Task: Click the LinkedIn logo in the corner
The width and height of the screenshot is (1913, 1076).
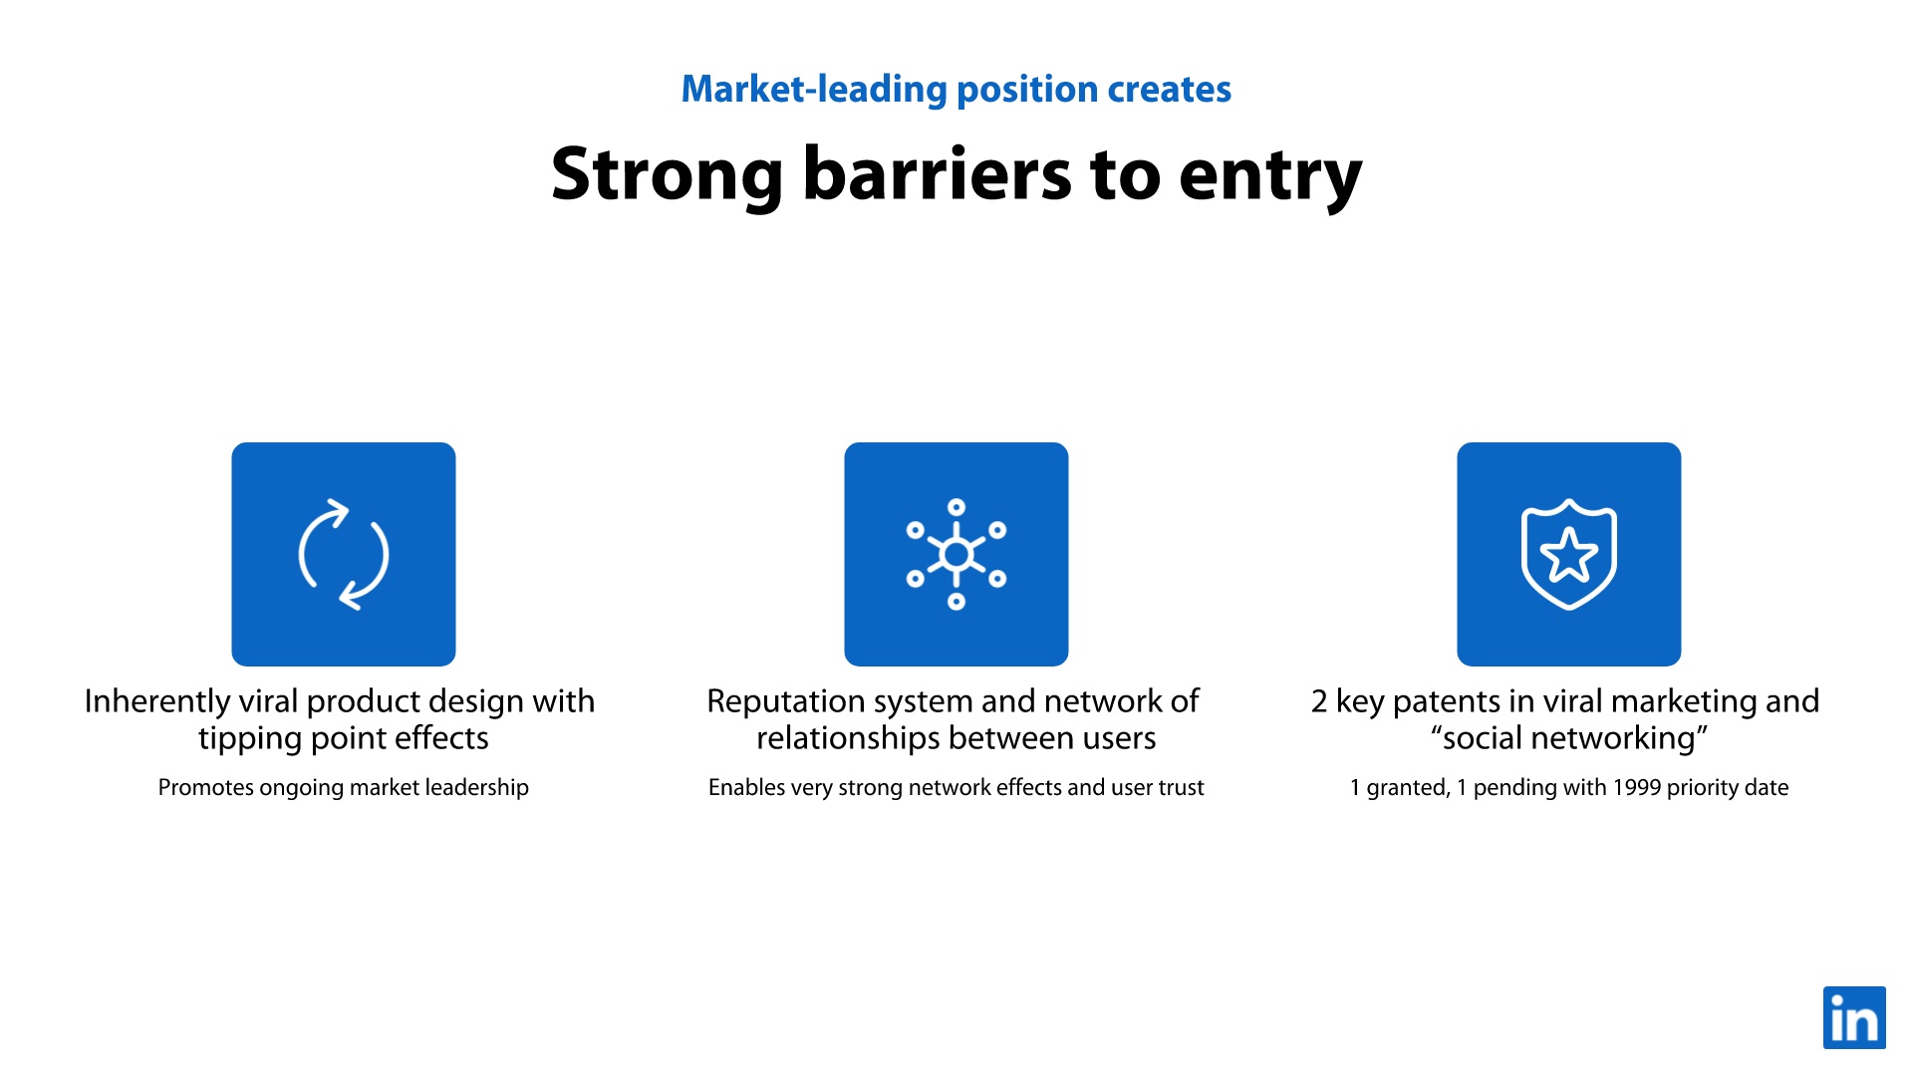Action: (x=1854, y=1017)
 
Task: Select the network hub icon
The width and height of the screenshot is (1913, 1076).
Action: (x=956, y=554)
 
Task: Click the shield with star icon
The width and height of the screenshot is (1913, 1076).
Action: (x=1569, y=554)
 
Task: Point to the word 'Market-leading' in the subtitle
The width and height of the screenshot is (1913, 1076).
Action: (x=814, y=90)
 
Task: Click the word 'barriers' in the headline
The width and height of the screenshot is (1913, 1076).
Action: (x=936, y=174)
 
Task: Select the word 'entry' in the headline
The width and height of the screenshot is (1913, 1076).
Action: (x=1270, y=178)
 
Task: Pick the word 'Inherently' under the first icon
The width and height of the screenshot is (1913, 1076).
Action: (x=157, y=702)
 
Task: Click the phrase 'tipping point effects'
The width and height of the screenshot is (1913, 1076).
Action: (x=344, y=739)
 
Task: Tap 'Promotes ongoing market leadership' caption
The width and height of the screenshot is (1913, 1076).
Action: (x=344, y=787)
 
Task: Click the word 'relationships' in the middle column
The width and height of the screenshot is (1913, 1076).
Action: (x=849, y=738)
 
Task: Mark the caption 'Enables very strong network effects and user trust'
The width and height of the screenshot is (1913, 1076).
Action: (x=956, y=787)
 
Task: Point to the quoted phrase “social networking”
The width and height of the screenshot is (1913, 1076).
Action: (x=1569, y=738)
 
